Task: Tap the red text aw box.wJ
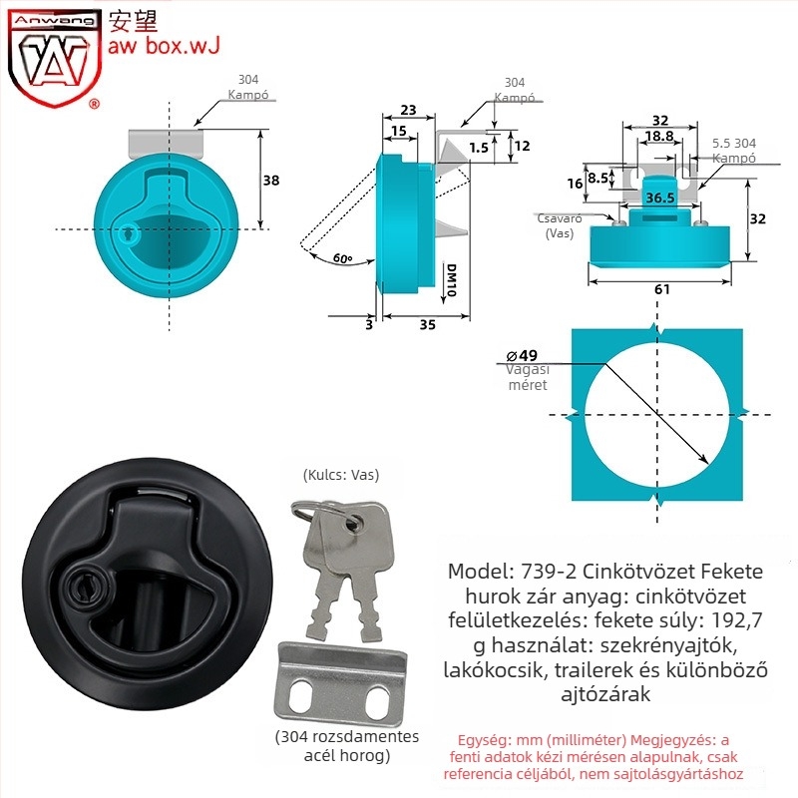pyautogui.click(x=164, y=45)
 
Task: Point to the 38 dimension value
pyautogui.click(x=271, y=181)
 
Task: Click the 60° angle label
pyautogui.click(x=342, y=258)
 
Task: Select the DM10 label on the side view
pyautogui.click(x=451, y=280)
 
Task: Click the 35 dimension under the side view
pyautogui.click(x=428, y=324)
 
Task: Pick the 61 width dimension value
pyautogui.click(x=661, y=289)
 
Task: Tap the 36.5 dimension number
pyautogui.click(x=660, y=198)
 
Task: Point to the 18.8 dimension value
pyautogui.click(x=659, y=136)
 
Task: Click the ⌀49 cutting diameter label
pyautogui.click(x=522, y=355)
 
